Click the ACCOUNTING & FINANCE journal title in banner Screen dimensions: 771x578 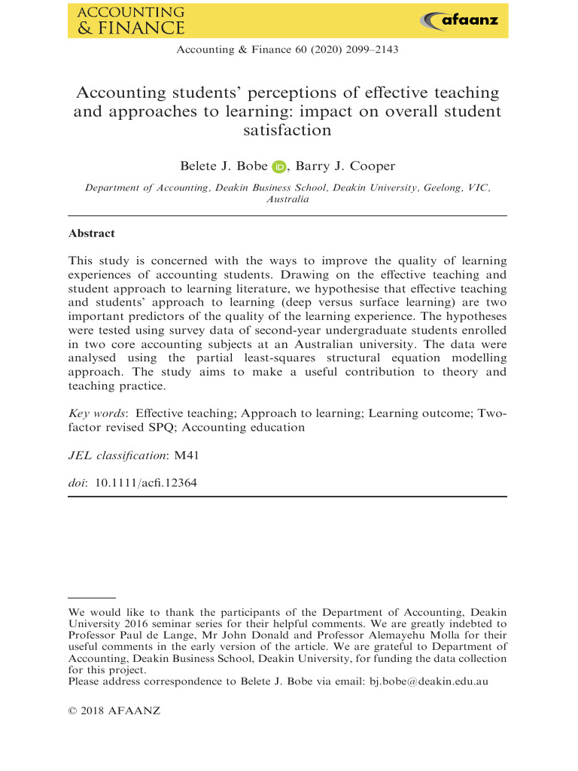(131, 20)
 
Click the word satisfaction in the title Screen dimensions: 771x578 (287, 130)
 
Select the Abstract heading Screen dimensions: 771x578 (91, 233)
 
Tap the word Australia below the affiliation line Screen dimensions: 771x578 (287, 200)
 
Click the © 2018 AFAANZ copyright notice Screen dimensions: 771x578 (108, 711)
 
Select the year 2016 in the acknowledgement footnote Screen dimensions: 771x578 (138, 623)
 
